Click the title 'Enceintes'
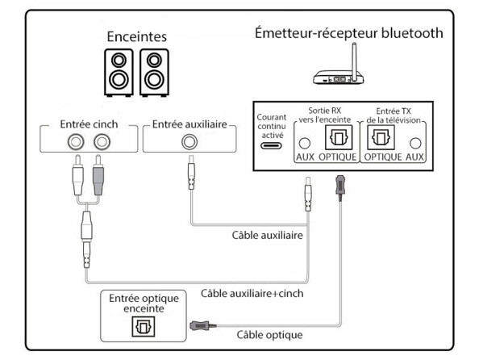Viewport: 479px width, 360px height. coord(137,37)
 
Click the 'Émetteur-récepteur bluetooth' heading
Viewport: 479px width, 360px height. coord(348,33)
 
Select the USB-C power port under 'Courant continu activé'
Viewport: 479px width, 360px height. coord(271,146)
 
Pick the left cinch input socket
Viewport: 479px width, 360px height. coord(77,143)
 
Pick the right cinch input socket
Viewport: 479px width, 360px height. coord(101,143)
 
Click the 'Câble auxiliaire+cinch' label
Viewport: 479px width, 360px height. coord(252,293)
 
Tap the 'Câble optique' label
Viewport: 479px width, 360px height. coord(270,334)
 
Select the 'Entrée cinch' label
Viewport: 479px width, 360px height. coord(89,125)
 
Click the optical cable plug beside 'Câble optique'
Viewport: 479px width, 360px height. coord(200,326)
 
